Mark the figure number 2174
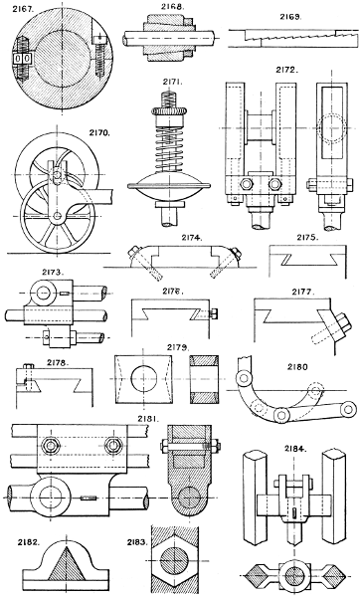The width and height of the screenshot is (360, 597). (x=191, y=239)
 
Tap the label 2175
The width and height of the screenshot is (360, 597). (x=306, y=239)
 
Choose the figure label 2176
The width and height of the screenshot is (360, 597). (x=171, y=294)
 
